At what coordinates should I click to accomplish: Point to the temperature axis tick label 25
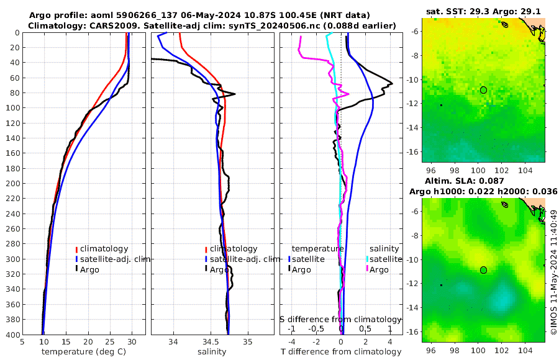coord(109,341)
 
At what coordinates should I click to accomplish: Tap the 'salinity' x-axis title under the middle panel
coord(211,352)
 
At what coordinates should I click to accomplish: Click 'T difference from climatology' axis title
coord(340,352)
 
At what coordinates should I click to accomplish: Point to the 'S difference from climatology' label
coord(340,319)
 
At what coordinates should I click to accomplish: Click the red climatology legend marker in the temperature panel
coord(76,249)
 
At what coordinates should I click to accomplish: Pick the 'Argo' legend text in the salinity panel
coord(219,269)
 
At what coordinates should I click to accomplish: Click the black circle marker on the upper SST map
coord(483,90)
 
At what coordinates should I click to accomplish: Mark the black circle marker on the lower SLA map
coord(483,270)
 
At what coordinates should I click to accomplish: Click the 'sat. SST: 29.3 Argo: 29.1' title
coord(483,11)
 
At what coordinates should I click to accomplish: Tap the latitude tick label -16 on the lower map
coord(414,331)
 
